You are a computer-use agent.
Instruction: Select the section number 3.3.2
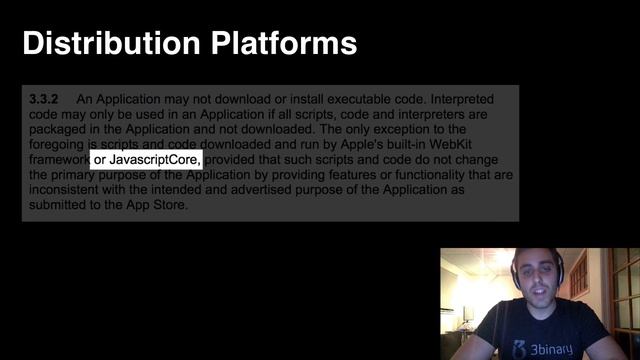(x=45, y=99)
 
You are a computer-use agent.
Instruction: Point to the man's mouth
(x=533, y=297)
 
